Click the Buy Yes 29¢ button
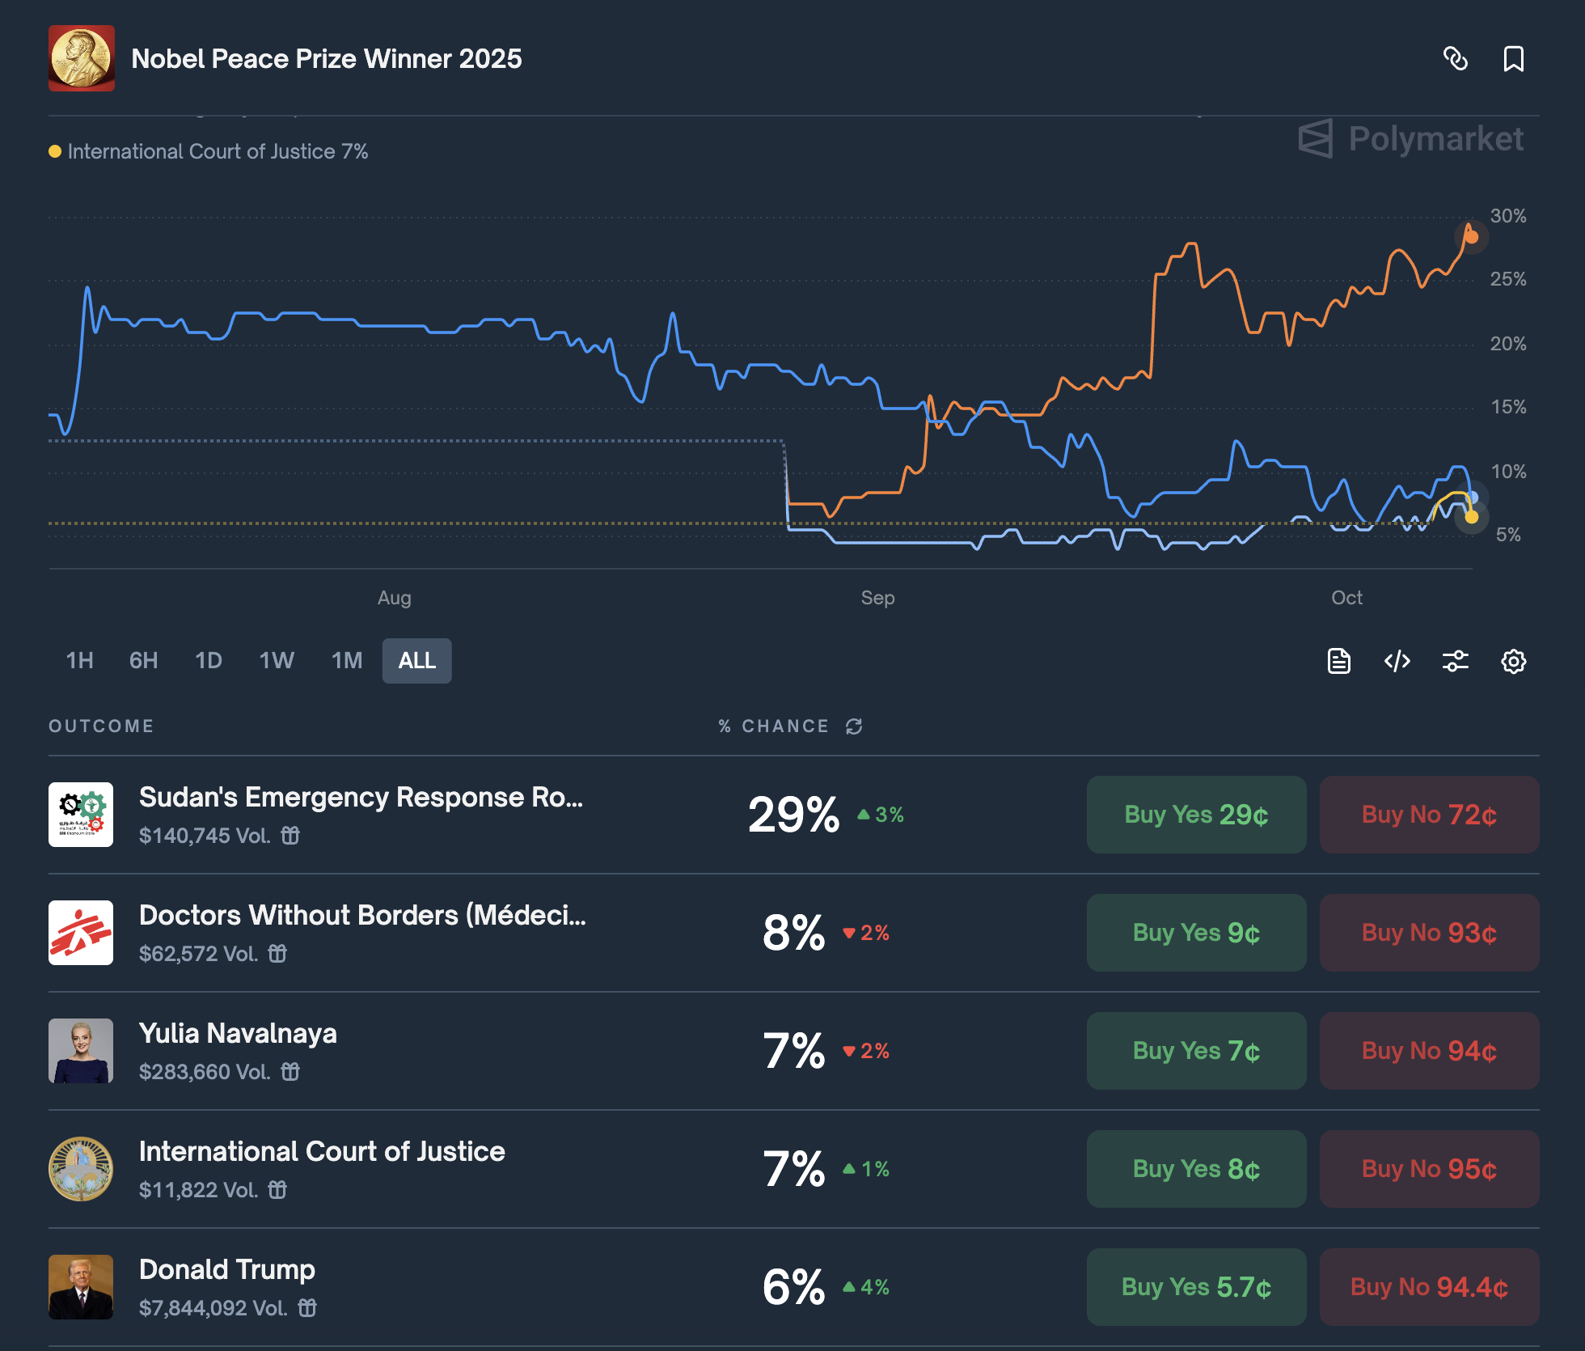1196,815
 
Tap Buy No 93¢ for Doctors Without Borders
1429,933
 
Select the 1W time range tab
277,661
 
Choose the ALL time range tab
416,661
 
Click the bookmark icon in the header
1513,59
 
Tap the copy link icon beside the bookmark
1456,59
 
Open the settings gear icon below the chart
1513,662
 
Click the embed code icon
1397,662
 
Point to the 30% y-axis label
1508,216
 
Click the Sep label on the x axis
877,598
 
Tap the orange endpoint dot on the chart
1472,237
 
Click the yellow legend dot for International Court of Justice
55,151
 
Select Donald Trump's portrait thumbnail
81,1286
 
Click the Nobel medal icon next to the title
82,58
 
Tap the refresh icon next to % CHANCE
854,726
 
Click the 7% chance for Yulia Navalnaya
794,1051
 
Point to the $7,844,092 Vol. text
213,1308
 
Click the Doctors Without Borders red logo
81,933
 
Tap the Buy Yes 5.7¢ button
1196,1287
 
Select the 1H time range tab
79,661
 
